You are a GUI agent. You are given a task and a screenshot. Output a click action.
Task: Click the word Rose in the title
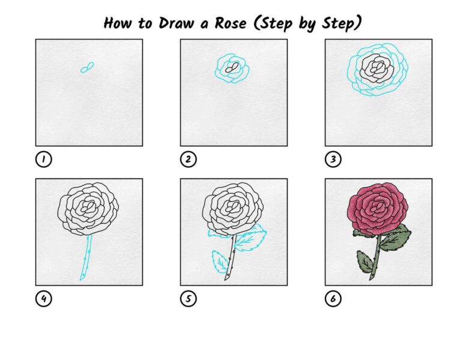231,23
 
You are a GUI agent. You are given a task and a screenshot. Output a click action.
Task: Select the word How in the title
117,23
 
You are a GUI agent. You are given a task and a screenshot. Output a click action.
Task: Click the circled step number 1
44,159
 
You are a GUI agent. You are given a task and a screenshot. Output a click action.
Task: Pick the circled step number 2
189,159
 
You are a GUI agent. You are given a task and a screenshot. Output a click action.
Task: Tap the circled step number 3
333,159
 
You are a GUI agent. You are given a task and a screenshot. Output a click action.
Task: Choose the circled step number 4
44,299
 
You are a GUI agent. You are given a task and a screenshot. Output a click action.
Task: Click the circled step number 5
189,299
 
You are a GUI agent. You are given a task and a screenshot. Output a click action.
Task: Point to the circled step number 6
333,299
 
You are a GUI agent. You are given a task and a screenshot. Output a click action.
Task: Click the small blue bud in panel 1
87,68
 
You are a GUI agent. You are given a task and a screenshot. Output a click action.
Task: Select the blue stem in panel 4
86,258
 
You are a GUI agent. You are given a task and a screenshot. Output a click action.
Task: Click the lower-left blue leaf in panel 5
219,262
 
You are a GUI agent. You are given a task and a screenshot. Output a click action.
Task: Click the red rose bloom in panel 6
378,208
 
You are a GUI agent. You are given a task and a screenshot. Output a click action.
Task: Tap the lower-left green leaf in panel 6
365,262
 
